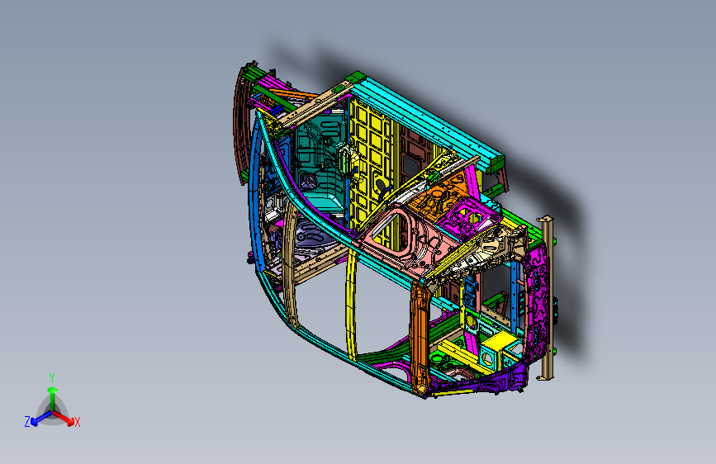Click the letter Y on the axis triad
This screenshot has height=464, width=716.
(52, 378)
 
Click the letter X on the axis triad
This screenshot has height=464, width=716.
(77, 423)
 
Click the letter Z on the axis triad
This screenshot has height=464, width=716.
(27, 422)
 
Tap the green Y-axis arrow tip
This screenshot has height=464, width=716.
(53, 390)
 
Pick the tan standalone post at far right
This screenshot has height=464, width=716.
(546, 298)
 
